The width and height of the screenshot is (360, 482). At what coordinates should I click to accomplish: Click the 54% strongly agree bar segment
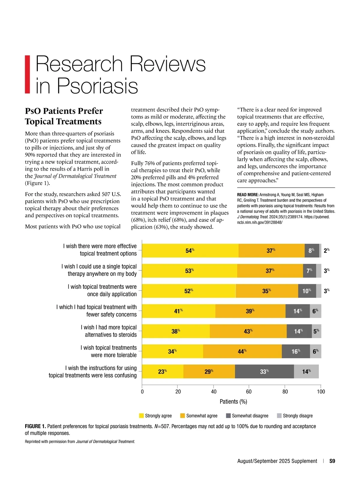click(190, 251)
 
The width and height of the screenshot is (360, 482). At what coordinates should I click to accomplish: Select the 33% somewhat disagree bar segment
click(264, 372)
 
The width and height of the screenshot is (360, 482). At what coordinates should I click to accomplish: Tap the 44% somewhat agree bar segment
click(242, 351)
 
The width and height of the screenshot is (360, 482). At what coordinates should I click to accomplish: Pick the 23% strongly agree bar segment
click(162, 372)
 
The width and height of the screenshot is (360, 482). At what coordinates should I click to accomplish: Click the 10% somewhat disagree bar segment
click(307, 291)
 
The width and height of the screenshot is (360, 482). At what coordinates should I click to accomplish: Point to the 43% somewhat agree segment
click(248, 331)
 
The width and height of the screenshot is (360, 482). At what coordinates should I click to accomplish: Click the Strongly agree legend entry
click(155, 416)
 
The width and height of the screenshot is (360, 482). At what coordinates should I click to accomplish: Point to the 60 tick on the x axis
click(249, 391)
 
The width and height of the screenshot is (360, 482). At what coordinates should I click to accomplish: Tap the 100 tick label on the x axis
click(321, 391)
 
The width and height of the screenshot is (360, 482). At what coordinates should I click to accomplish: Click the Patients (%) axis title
click(233, 402)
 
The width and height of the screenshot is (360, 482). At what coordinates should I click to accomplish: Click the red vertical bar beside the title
click(27, 74)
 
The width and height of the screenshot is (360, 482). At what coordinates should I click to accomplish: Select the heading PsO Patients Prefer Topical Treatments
click(64, 116)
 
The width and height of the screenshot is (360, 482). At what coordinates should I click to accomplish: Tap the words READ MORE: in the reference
click(248, 195)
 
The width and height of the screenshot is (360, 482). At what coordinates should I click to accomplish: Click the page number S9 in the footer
click(332, 461)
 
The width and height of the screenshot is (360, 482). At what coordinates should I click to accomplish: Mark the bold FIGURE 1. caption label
click(35, 426)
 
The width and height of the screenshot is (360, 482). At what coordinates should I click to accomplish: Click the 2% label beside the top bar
click(326, 251)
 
